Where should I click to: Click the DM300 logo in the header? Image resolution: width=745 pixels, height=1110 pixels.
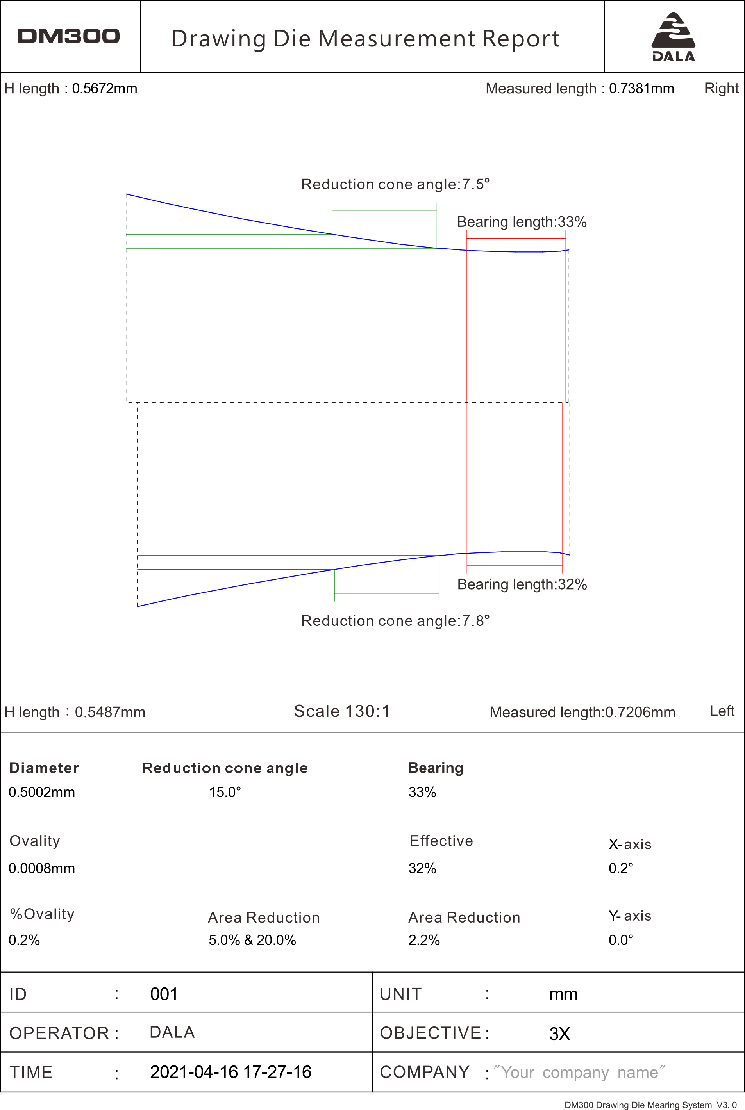68,36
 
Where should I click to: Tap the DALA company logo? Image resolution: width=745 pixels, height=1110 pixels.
673,37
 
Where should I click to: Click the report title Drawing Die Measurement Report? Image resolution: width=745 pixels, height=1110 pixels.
365,39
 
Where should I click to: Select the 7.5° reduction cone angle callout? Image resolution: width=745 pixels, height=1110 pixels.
395,184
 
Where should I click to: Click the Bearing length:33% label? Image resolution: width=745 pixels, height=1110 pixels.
522,222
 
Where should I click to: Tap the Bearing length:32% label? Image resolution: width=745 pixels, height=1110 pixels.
522,584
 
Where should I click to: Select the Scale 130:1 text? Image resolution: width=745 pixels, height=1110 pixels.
341,711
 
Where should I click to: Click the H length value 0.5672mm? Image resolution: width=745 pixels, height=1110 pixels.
105,89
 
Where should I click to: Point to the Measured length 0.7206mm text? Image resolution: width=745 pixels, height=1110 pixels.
582,712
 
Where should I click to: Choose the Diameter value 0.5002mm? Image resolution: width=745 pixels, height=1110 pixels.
42,792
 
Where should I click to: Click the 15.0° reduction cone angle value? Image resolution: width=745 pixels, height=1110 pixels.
225,792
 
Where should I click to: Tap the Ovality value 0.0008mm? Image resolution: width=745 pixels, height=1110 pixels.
42,868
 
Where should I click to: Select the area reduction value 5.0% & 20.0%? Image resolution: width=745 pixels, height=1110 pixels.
252,940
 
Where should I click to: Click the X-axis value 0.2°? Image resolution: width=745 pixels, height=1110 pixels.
620,868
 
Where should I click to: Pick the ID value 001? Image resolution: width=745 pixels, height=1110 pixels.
164,994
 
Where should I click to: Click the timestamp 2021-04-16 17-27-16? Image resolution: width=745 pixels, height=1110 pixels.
230,1072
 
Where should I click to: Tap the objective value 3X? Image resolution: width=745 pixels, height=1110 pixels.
559,1034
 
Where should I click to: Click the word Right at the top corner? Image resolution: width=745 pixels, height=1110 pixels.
721,88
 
